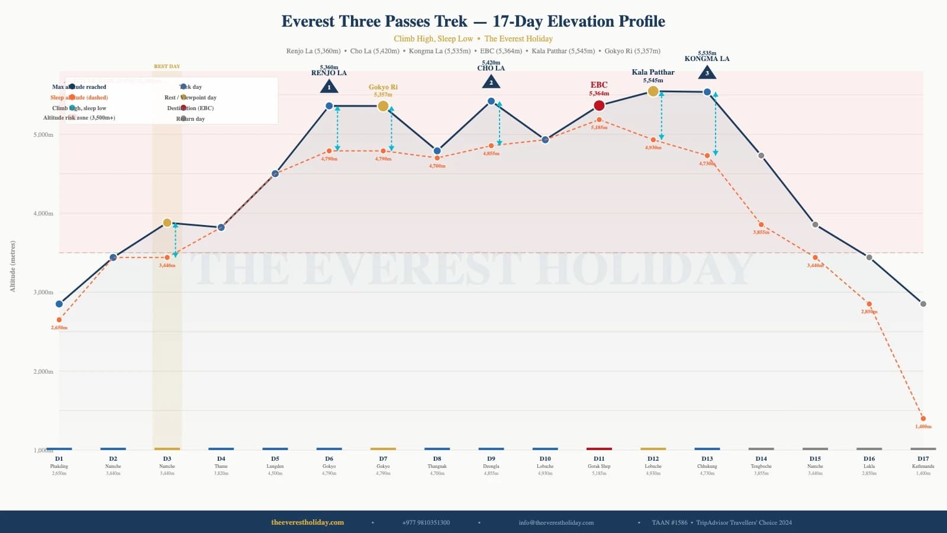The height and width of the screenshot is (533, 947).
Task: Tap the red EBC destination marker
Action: [599, 105]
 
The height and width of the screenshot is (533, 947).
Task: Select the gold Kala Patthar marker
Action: [653, 91]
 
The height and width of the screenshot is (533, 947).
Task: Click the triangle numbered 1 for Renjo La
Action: [329, 87]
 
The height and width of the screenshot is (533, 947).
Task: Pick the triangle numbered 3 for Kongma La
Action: [707, 73]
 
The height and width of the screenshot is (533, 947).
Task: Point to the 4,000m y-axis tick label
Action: [43, 213]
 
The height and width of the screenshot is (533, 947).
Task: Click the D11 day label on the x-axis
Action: [599, 458]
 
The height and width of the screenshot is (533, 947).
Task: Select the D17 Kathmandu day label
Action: [923, 458]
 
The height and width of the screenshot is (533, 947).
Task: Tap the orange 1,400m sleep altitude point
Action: [923, 419]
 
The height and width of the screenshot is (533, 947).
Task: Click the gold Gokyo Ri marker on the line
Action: [383, 106]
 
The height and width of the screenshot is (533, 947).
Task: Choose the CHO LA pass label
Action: [491, 68]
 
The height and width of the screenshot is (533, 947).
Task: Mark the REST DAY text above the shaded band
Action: [167, 66]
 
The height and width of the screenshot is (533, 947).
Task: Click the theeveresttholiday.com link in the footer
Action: [307, 522]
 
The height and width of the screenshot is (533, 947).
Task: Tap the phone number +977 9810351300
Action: [426, 522]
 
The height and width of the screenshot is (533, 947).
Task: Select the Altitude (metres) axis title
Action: [12, 266]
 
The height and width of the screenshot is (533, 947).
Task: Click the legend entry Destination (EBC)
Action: [191, 108]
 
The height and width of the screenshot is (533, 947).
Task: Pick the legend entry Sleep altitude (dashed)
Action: [79, 98]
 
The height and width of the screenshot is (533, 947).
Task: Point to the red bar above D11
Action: [599, 449]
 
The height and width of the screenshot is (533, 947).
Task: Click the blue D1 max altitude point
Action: [59, 304]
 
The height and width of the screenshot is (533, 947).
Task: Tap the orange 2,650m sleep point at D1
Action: [59, 320]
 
